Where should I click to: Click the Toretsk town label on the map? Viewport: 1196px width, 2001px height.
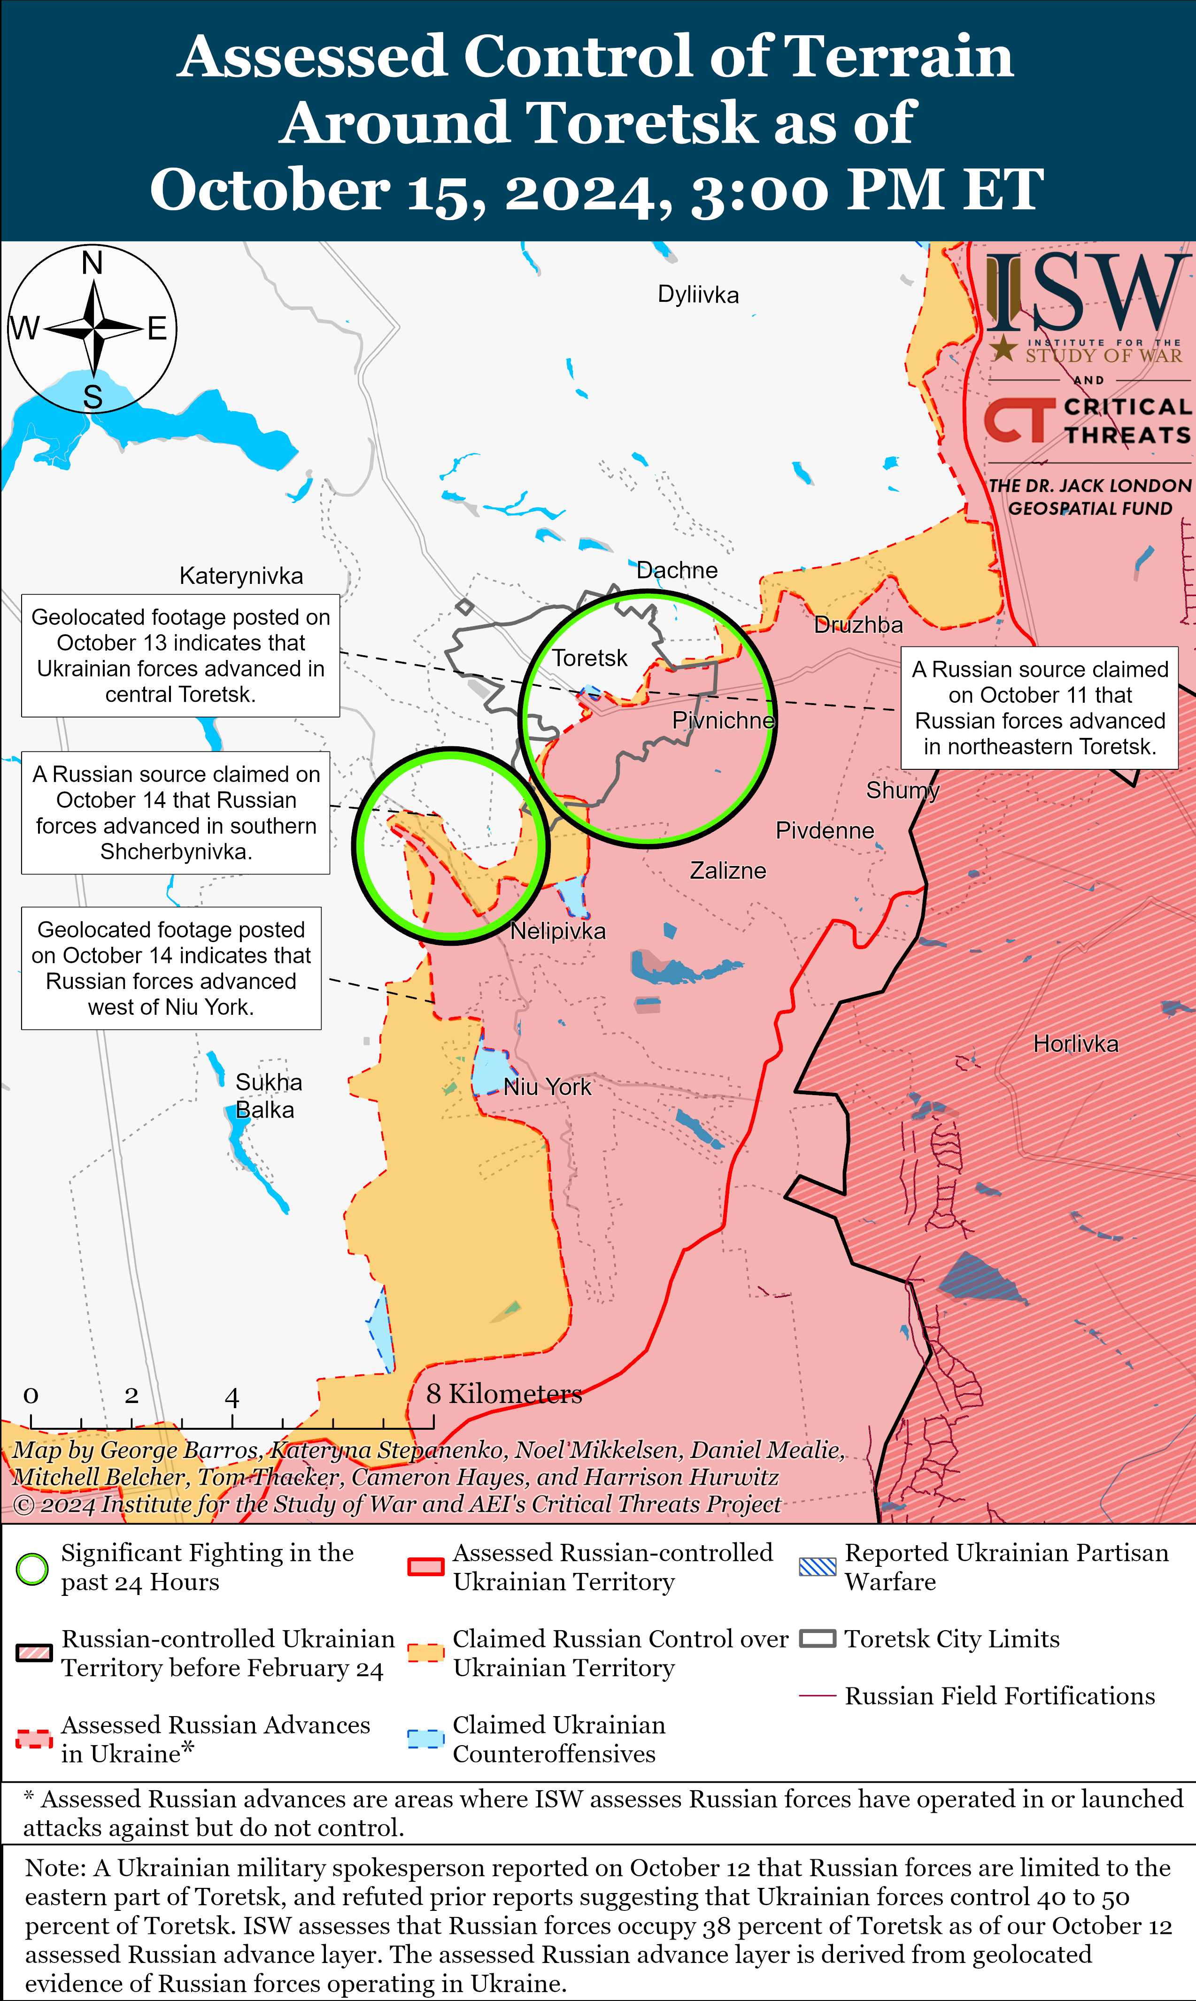[x=589, y=658]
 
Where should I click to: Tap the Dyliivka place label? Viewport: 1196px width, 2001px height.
[x=698, y=295]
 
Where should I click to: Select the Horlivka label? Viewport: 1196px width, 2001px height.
[x=1075, y=1044]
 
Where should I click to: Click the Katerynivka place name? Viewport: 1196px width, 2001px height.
[x=241, y=576]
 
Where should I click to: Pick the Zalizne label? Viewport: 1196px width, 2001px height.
[x=728, y=871]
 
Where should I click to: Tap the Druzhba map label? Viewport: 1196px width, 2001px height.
[x=858, y=625]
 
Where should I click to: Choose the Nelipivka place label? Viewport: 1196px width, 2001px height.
[x=558, y=931]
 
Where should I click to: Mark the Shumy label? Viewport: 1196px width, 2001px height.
[x=903, y=790]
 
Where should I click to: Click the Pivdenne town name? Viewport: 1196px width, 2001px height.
[x=825, y=830]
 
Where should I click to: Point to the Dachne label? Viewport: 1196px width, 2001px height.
[x=677, y=570]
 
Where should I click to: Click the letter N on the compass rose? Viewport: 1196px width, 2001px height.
[x=93, y=263]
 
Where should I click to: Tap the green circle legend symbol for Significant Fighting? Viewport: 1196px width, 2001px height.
[x=33, y=1568]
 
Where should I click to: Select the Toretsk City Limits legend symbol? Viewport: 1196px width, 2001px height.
[x=817, y=1639]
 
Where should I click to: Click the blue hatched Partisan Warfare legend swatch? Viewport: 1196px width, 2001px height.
[x=817, y=1567]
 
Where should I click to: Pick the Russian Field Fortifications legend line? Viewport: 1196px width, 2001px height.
[x=817, y=1696]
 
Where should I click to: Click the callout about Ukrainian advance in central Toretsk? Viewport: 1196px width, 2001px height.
[x=180, y=656]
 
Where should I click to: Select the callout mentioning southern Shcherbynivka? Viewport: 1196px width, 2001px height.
[x=176, y=813]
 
